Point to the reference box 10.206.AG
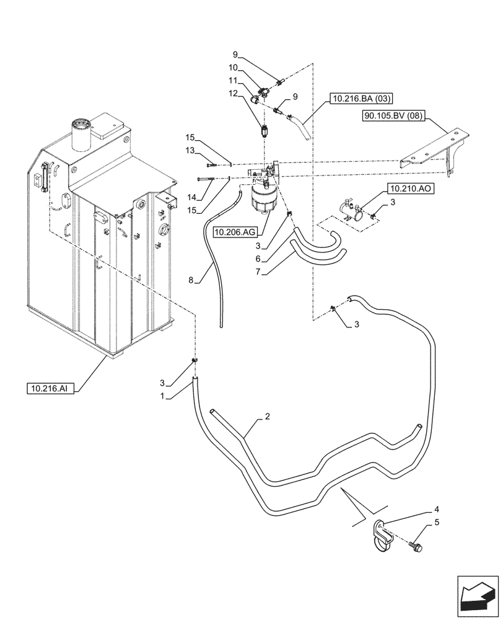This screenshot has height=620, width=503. (235, 232)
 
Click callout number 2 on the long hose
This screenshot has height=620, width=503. (266, 417)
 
